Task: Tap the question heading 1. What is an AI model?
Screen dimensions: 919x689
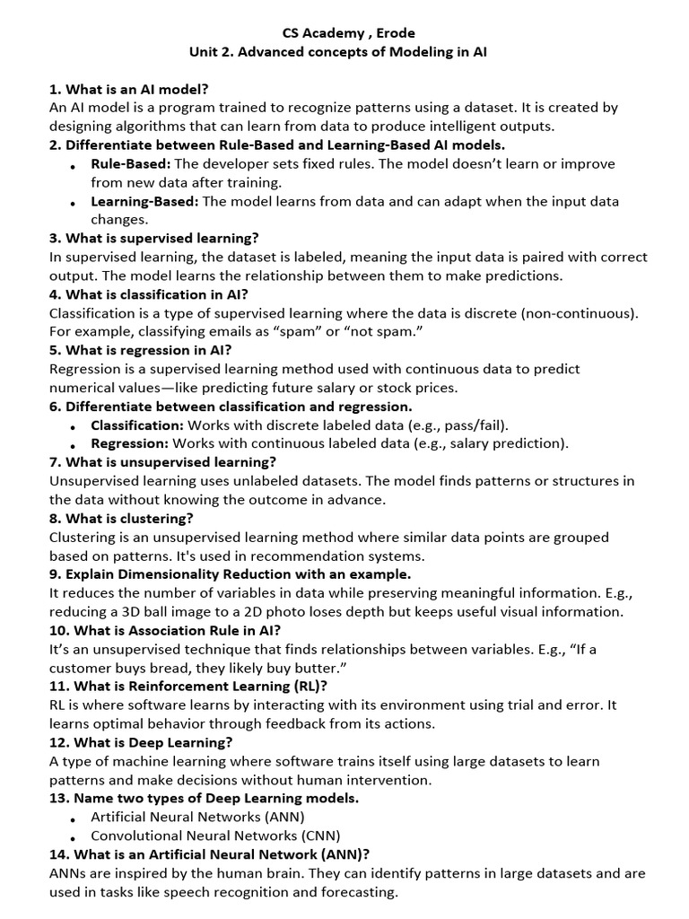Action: tap(129, 89)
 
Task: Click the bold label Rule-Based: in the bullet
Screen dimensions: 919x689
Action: tap(131, 163)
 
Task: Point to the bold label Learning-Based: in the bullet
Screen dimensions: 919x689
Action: tap(144, 201)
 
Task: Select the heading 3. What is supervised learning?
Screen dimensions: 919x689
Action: tap(154, 238)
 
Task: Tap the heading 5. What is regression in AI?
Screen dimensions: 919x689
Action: tap(141, 350)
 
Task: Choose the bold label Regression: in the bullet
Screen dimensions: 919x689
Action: tap(129, 443)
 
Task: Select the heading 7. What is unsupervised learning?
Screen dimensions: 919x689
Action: tap(162, 462)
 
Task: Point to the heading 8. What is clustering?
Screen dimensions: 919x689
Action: tap(121, 518)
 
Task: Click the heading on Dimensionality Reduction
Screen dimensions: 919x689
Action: tap(231, 573)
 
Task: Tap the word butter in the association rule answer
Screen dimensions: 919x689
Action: tap(320, 668)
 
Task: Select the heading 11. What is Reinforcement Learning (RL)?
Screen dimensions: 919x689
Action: tap(188, 686)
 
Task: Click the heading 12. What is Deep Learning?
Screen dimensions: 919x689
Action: tap(142, 742)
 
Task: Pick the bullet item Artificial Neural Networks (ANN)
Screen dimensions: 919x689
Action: tap(197, 817)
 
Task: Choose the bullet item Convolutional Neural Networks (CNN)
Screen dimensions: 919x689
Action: tap(215, 836)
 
